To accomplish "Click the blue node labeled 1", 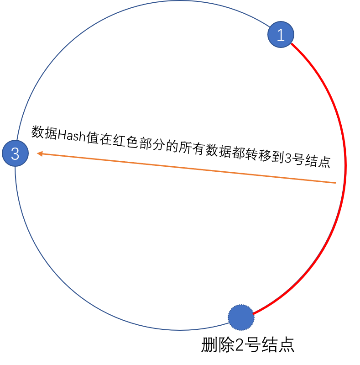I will tap(281, 34).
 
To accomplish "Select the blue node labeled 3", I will tap(15, 153).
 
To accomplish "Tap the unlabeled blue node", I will tap(241, 317).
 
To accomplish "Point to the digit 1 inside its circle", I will tap(281, 35).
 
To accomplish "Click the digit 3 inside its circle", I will tap(15, 154).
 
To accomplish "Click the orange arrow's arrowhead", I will tap(39, 154).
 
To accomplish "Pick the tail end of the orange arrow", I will tap(335, 183).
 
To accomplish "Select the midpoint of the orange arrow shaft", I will tap(187, 168).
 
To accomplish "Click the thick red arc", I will tap(338, 114).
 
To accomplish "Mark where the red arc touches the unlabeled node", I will tap(253, 314).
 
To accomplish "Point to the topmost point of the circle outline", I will tap(180, 1).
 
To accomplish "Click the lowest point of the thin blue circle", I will tap(180, 330).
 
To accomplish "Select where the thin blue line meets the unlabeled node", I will tap(229, 323).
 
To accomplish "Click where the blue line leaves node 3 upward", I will tap(17, 140).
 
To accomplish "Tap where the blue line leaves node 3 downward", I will tap(16, 167).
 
